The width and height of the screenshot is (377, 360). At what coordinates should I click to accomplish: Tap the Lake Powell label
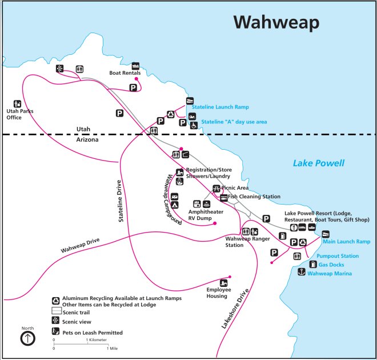click(x=319, y=163)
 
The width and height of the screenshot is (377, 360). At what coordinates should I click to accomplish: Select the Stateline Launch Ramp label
click(x=220, y=107)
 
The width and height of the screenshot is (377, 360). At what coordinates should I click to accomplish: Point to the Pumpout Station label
click(x=338, y=256)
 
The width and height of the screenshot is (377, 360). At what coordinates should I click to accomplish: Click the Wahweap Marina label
click(x=330, y=274)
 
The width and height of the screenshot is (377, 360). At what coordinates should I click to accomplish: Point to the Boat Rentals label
click(x=125, y=73)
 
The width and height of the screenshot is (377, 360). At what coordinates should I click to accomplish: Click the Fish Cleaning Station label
click(x=254, y=197)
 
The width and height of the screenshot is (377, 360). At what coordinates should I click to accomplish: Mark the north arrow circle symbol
click(x=27, y=339)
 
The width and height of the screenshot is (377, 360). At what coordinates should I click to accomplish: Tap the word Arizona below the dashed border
click(x=87, y=139)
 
